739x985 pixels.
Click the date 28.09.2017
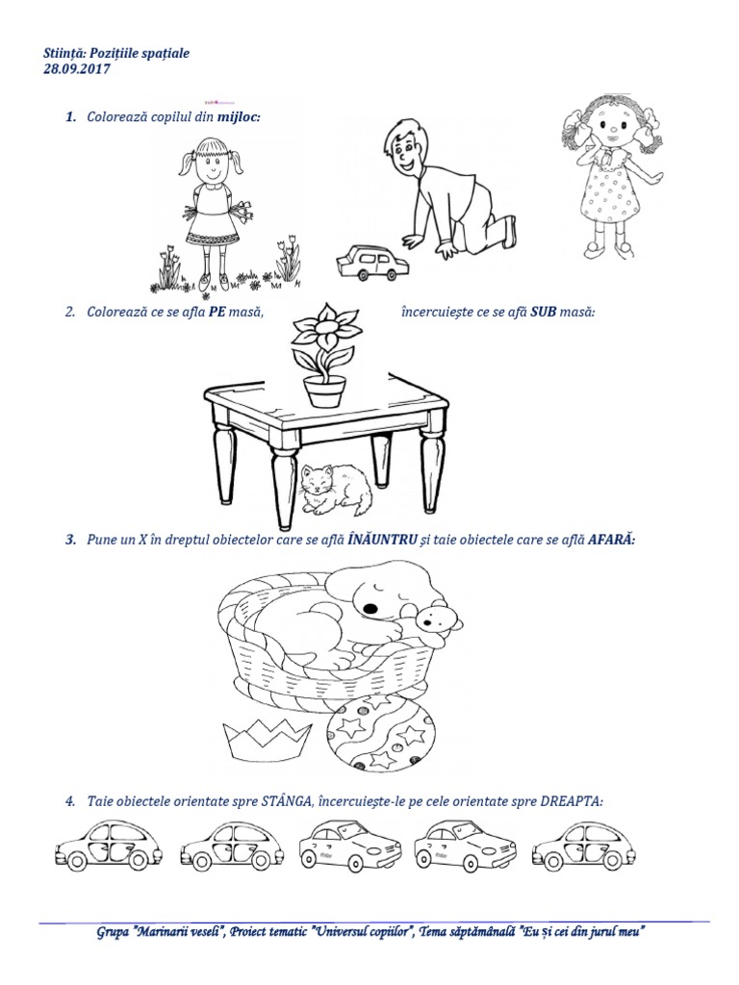[x=76, y=69]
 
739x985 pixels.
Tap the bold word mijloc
[x=239, y=116]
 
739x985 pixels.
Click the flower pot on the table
[x=325, y=391]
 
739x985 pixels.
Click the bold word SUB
[x=543, y=312]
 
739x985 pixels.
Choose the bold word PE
[x=217, y=312]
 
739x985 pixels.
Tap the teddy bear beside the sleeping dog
[x=439, y=623]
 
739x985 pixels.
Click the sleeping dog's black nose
[x=371, y=609]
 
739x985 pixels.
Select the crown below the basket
[x=268, y=739]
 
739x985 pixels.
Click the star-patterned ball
[x=381, y=732]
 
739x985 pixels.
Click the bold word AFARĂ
[x=611, y=539]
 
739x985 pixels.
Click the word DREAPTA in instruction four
[x=572, y=801]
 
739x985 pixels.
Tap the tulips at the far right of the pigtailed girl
[x=289, y=259]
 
